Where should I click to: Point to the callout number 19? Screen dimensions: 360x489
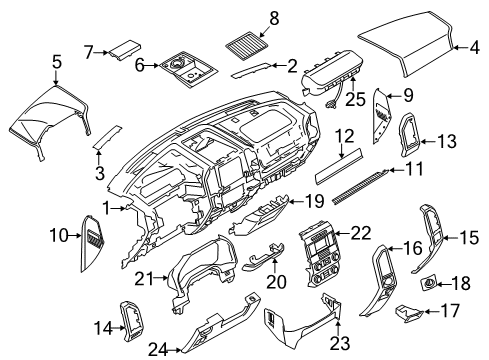point(313,201)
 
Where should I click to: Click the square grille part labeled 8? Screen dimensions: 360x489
point(246,46)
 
